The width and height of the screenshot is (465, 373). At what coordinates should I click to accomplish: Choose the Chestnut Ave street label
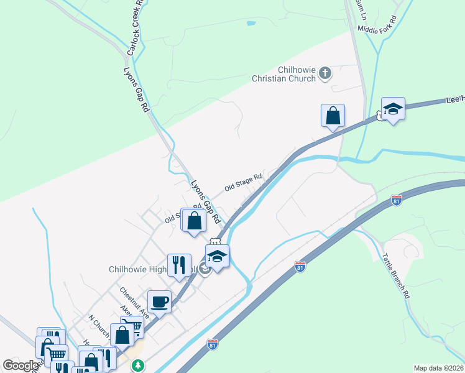[134, 300]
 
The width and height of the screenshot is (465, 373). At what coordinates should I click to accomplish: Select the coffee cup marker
[159, 302]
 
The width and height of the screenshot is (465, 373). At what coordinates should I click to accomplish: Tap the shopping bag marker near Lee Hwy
[333, 116]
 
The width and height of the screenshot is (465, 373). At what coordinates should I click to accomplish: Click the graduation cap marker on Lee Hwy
[393, 109]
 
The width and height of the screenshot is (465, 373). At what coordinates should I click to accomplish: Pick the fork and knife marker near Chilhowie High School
[179, 264]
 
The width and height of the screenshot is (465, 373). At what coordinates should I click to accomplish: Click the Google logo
[21, 366]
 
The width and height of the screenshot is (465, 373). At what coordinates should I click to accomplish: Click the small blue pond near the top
[251, 24]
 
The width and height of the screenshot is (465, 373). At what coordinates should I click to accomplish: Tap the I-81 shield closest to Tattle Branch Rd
[396, 200]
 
